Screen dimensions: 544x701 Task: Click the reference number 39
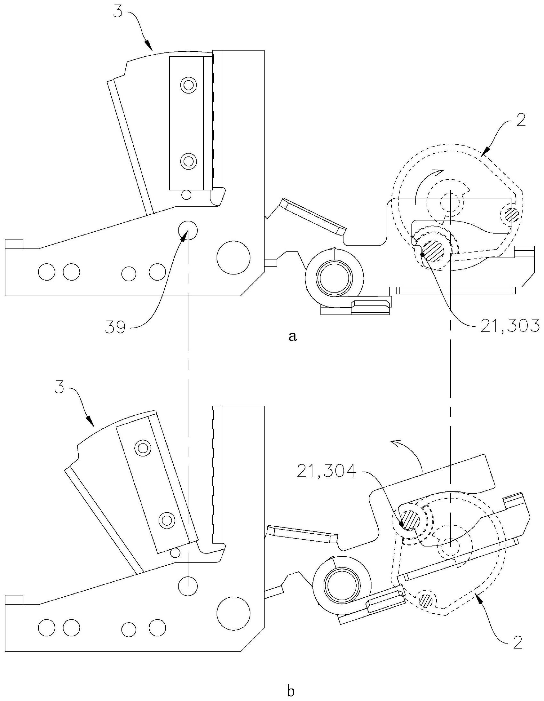pos(117,329)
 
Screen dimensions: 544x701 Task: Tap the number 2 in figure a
pos(520,122)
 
